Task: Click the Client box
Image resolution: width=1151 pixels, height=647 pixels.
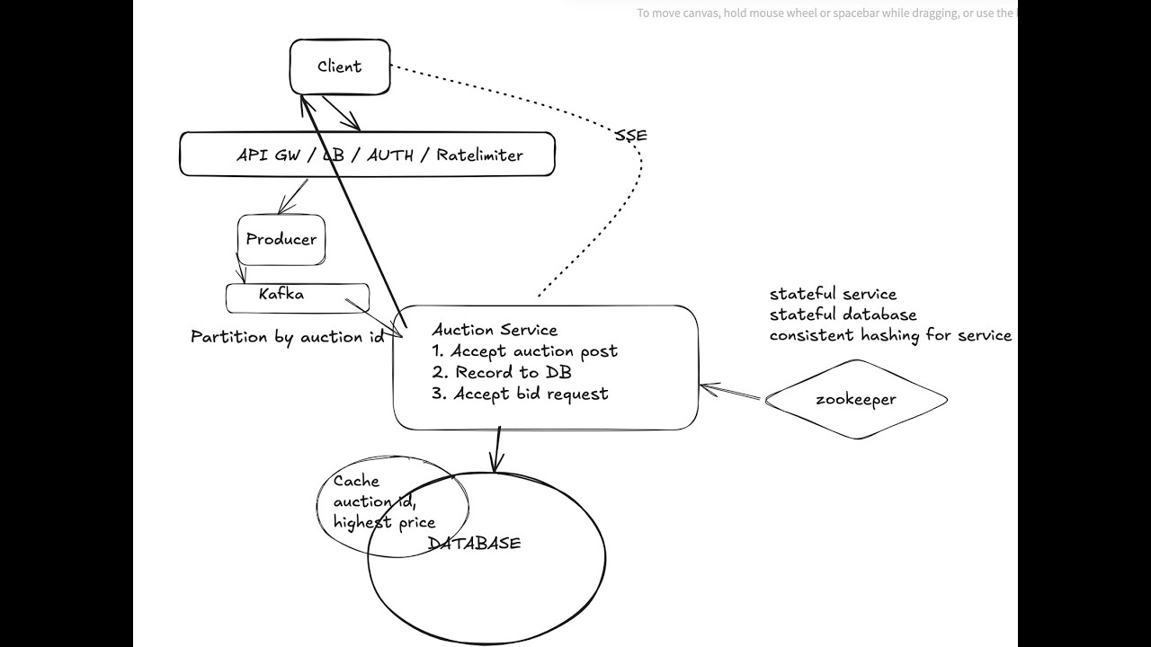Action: (x=340, y=66)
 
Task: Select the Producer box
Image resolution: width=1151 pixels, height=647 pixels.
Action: (x=281, y=239)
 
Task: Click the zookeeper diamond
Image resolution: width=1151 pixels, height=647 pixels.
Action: (x=856, y=400)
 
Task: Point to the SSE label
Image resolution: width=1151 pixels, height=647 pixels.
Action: (x=631, y=136)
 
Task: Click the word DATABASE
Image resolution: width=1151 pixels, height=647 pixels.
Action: (x=474, y=543)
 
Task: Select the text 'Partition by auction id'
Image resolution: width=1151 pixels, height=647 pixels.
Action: (x=287, y=337)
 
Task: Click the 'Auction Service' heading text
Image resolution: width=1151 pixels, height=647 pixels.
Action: (x=495, y=330)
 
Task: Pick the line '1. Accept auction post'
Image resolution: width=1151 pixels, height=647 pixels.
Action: (x=524, y=351)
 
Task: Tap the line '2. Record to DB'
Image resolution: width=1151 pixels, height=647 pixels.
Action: (x=501, y=372)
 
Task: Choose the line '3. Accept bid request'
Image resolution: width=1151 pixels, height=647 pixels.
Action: (x=520, y=394)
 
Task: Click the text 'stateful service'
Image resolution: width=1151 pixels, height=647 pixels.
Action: (x=833, y=294)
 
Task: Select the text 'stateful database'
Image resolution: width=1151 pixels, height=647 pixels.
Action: (x=843, y=315)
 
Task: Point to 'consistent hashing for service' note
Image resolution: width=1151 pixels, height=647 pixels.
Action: (x=890, y=335)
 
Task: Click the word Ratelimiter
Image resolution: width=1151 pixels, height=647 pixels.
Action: (x=479, y=155)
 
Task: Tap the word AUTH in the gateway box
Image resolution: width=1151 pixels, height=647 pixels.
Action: (x=391, y=155)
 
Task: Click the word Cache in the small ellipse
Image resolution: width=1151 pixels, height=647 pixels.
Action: (x=356, y=481)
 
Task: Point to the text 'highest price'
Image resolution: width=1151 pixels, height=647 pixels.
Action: (x=384, y=522)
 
